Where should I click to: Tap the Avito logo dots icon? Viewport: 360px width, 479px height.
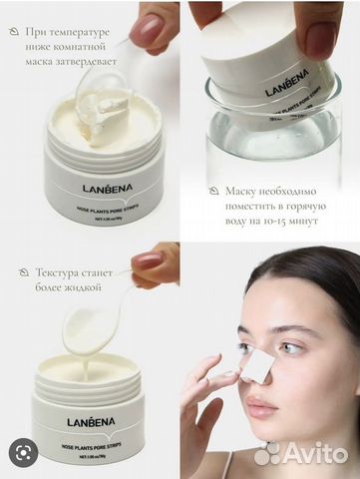pyautogui.click(x=268, y=454)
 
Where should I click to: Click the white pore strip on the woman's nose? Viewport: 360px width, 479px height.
pyautogui.click(x=256, y=365)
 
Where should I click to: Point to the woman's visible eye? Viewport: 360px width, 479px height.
pyautogui.click(x=291, y=347)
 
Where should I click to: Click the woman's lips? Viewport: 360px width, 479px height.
pyautogui.click(x=264, y=410)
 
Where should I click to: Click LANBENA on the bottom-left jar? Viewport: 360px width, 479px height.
pyautogui.click(x=91, y=421)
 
